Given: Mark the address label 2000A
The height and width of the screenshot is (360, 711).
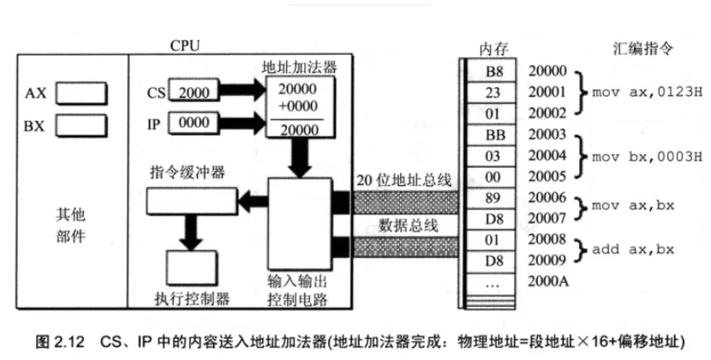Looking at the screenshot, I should [x=548, y=279].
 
